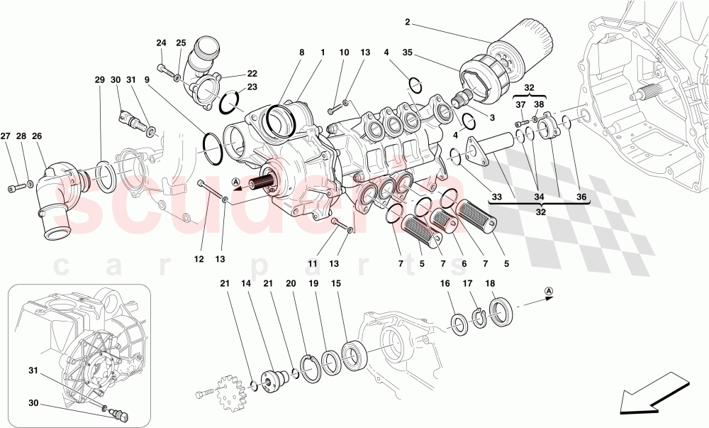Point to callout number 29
pyautogui.click(x=99, y=80)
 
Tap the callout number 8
pyautogui.click(x=301, y=53)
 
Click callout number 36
pyautogui.click(x=581, y=197)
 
